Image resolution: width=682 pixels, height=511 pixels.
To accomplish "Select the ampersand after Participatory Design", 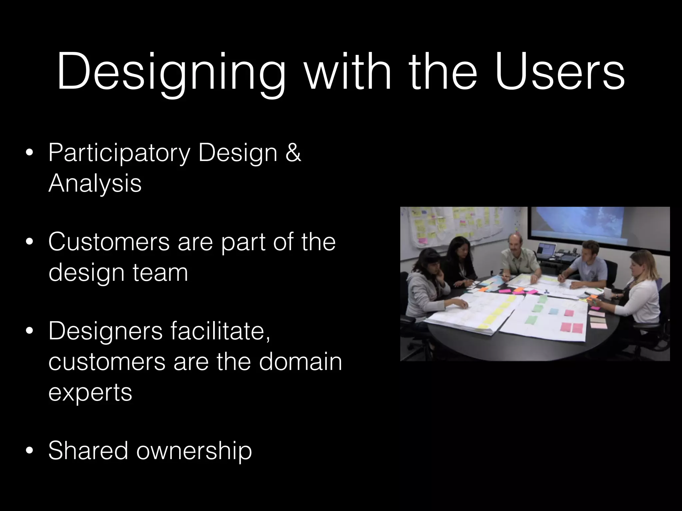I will point(293,153).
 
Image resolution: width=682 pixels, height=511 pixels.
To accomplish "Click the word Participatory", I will point(119,153).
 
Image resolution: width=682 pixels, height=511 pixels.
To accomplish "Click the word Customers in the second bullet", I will point(109,242).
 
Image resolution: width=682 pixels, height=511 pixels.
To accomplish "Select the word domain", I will point(300,362).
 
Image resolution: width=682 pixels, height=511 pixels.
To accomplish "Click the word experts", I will point(90,393).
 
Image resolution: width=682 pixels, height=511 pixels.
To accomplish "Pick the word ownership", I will point(194,451).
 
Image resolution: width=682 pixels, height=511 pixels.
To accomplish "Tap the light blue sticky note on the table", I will point(553,311).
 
